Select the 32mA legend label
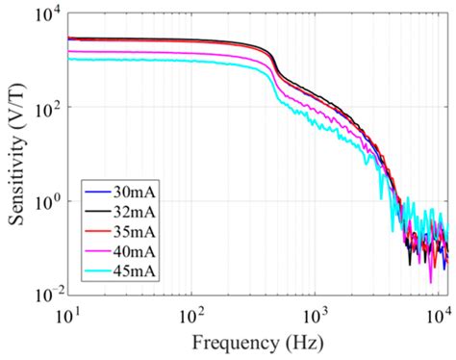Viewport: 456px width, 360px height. coord(135,208)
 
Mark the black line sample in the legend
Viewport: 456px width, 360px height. coord(95,209)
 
